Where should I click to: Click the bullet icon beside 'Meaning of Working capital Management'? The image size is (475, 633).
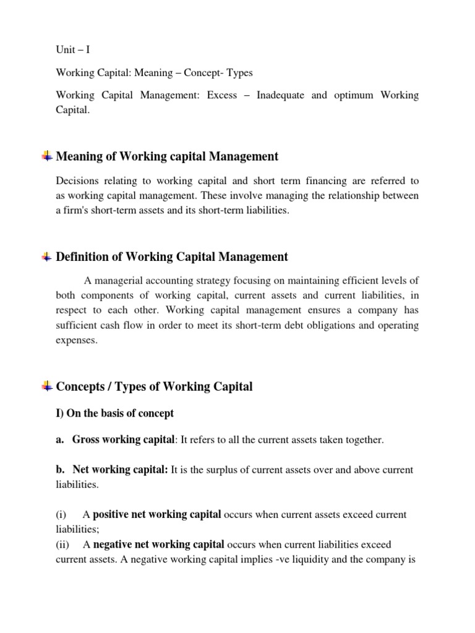click(47, 156)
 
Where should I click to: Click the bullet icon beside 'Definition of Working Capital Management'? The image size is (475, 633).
click(47, 257)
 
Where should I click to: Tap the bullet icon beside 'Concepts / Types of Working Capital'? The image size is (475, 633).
click(47, 387)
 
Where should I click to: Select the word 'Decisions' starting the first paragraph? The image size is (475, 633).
click(77, 181)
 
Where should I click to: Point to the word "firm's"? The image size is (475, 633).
click(76, 210)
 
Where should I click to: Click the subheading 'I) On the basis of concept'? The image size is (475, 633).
click(114, 413)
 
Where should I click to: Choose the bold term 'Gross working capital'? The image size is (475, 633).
click(124, 440)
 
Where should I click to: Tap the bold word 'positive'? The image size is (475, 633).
click(113, 514)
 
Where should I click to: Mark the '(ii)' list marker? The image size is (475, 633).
click(63, 545)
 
